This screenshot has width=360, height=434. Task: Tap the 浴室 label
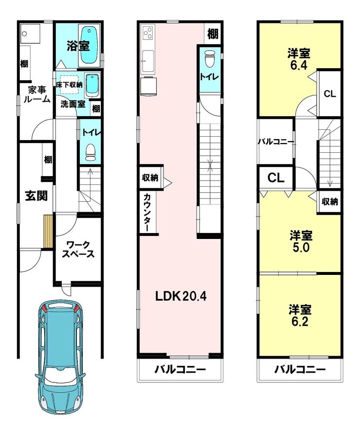(78, 46)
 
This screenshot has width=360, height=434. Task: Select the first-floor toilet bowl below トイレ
(90, 153)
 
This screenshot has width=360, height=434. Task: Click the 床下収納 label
(69, 85)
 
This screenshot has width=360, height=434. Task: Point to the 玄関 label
(36, 196)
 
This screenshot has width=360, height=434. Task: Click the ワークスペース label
(78, 250)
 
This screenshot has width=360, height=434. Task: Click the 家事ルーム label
(37, 94)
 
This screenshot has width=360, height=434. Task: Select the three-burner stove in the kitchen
(148, 33)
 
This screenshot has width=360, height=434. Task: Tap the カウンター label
(147, 212)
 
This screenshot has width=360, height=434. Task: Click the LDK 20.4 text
(180, 296)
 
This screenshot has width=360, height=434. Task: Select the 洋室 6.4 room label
(299, 59)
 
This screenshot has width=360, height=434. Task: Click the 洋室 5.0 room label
(301, 241)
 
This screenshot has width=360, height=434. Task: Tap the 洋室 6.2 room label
(300, 316)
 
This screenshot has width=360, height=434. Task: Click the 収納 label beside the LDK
(150, 178)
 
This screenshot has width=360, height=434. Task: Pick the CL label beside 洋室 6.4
(329, 94)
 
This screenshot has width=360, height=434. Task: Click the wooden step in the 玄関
(48, 232)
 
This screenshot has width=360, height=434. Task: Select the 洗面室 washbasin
(91, 85)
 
